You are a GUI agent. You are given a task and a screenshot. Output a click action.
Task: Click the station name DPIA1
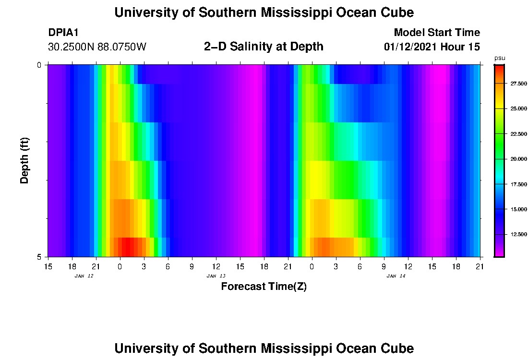63,33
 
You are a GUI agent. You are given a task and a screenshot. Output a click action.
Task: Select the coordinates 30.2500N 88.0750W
97,47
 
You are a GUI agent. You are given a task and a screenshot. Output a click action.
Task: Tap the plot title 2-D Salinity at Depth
264,47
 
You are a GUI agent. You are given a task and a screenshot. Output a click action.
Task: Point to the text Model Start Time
436,33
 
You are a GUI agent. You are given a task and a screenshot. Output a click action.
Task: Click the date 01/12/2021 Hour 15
432,47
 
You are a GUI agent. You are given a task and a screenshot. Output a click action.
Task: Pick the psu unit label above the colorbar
500,58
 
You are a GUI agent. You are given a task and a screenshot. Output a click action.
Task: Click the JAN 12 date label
84,276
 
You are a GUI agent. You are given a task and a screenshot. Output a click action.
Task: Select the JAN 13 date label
216,276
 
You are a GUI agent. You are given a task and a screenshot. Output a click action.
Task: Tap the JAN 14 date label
396,276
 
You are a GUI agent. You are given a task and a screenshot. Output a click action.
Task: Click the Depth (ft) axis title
25,160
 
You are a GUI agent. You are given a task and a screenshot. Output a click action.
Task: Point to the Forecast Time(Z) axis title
264,287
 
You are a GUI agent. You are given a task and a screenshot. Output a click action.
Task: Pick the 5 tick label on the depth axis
39,257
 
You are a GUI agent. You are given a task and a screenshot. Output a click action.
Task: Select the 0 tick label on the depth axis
39,65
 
